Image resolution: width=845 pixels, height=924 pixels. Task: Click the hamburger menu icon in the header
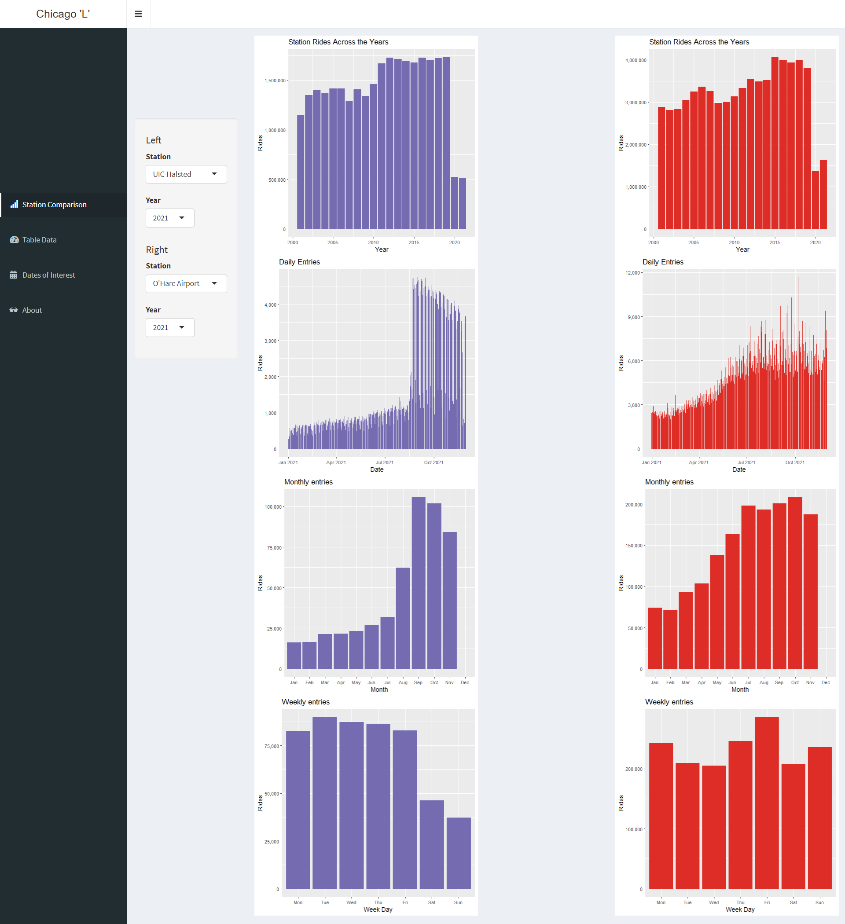[138, 14]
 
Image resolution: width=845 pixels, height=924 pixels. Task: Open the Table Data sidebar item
[40, 240]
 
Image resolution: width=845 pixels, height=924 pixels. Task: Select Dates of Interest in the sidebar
[48, 275]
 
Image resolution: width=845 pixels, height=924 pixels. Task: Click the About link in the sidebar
[32, 310]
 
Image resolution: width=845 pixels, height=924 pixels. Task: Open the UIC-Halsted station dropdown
[186, 174]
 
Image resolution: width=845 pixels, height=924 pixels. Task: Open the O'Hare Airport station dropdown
[186, 284]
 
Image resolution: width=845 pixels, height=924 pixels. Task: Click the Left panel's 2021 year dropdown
[169, 218]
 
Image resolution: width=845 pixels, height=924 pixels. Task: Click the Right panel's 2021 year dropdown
[169, 328]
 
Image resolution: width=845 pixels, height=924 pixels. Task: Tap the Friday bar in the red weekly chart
[767, 803]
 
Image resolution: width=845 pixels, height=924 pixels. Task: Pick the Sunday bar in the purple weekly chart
[458, 853]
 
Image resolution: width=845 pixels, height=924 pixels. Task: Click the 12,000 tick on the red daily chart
[632, 273]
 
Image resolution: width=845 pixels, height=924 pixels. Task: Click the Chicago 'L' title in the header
[63, 14]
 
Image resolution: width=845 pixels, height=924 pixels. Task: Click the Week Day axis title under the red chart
[739, 909]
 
